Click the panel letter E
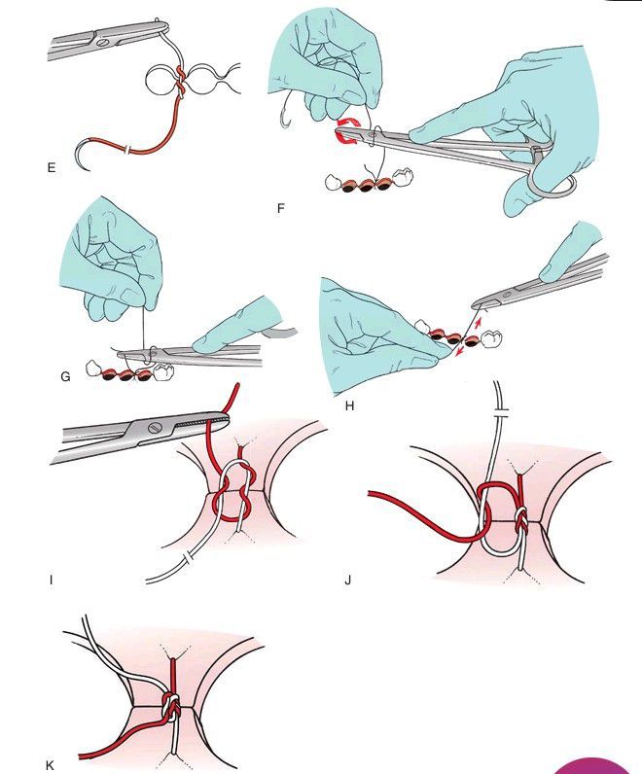(52, 168)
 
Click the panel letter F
(280, 208)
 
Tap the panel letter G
(65, 376)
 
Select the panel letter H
(349, 405)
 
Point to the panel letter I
(51, 580)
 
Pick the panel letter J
(347, 580)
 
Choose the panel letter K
(50, 765)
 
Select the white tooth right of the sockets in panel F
(402, 177)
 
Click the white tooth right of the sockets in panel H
(491, 338)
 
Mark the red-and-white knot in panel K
(170, 707)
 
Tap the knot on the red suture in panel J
(521, 521)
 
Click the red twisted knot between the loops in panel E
(180, 81)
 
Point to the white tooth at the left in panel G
(93, 368)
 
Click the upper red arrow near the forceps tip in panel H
(477, 324)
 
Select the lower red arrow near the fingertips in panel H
(458, 351)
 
